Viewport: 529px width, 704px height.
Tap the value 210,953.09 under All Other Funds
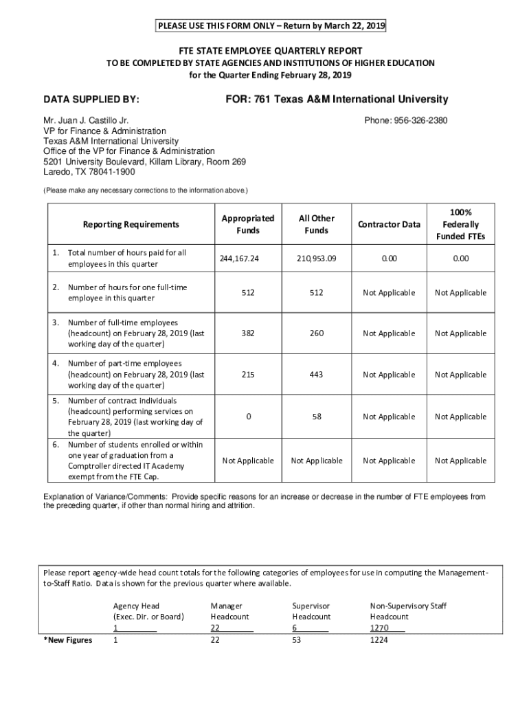point(316,258)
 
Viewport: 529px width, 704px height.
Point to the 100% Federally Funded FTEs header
point(460,224)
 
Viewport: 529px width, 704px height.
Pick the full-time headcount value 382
point(247,333)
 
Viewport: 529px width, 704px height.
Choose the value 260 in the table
point(316,333)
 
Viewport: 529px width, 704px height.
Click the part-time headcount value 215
point(247,375)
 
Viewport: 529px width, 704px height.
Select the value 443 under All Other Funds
point(316,375)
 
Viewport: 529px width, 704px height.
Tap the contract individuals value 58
point(316,417)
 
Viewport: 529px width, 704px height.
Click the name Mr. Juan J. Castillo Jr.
point(81,120)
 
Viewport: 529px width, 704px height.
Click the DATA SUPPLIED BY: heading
point(91,100)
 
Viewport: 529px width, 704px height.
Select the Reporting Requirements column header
point(131,224)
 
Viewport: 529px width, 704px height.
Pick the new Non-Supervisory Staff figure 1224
point(379,640)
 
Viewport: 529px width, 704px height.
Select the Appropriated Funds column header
point(247,224)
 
